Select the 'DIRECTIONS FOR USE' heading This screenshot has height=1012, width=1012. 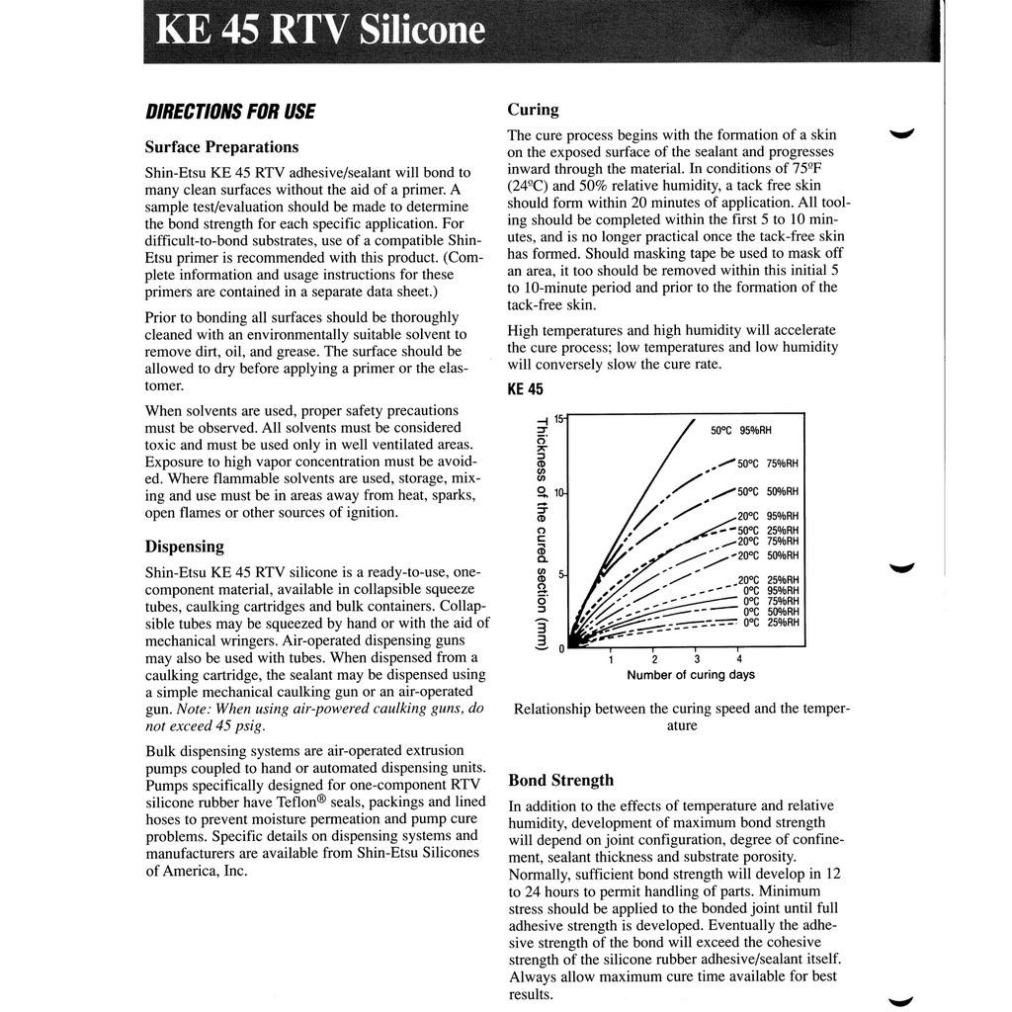tap(229, 112)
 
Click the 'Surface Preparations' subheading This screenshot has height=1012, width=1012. tap(221, 147)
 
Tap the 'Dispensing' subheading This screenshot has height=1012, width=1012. tap(185, 547)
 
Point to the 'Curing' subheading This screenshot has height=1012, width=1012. tap(533, 110)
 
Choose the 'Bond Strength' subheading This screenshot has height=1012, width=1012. tap(560, 780)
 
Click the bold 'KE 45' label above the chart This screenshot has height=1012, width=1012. tap(526, 388)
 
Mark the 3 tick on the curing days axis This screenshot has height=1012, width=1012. tap(697, 659)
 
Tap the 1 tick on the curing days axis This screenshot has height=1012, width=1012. tap(611, 659)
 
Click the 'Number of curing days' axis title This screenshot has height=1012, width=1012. tap(690, 675)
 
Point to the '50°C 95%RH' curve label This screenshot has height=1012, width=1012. tap(741, 430)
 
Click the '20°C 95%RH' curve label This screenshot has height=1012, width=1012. tap(768, 516)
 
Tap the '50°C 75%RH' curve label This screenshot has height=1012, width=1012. tap(768, 464)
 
